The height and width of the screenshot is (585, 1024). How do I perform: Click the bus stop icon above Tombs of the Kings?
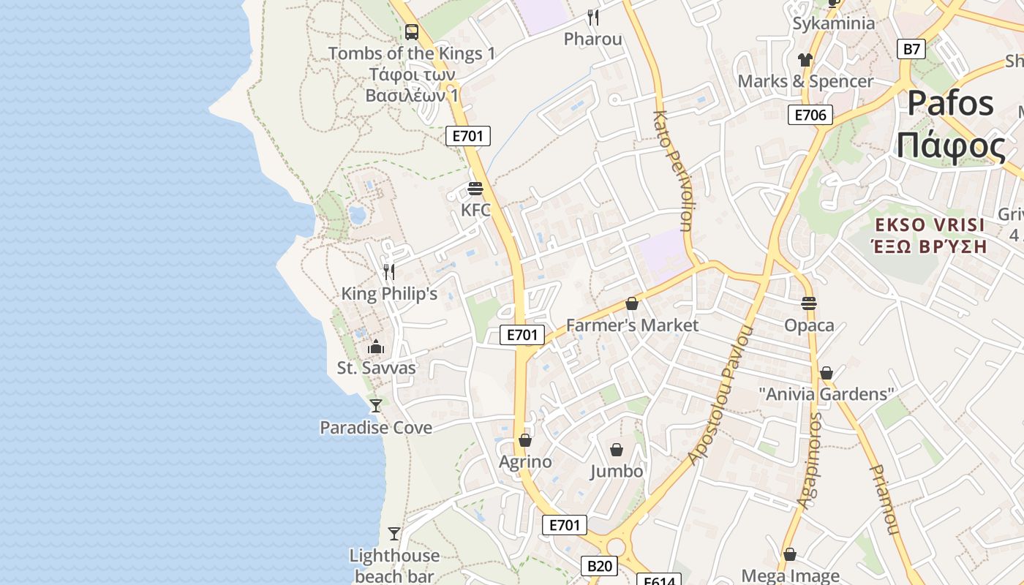[412, 32]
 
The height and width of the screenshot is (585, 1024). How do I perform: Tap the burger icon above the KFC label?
[475, 189]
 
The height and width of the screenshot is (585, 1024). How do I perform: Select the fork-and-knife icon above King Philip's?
[389, 272]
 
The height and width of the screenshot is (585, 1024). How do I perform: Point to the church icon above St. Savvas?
[376, 347]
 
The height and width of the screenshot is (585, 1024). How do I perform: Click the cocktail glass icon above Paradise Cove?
[376, 405]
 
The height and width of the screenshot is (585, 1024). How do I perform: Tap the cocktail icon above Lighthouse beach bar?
[394, 534]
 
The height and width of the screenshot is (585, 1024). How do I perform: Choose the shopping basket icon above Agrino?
[525, 440]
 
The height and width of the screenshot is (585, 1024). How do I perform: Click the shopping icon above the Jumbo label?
[617, 449]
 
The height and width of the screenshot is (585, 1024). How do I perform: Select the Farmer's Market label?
[633, 325]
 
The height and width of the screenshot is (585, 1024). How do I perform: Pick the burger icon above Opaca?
[809, 303]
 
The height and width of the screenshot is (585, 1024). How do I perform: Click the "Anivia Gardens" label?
[827, 394]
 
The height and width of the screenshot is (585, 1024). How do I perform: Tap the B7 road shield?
[911, 49]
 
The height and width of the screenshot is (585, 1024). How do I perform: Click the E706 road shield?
[810, 115]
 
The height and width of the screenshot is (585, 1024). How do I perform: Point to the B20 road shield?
[600, 566]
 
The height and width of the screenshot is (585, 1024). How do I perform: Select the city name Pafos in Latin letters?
[950, 103]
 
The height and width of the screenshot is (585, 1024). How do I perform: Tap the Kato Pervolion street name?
[671, 170]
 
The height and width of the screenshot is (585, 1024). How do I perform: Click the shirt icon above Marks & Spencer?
[805, 60]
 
